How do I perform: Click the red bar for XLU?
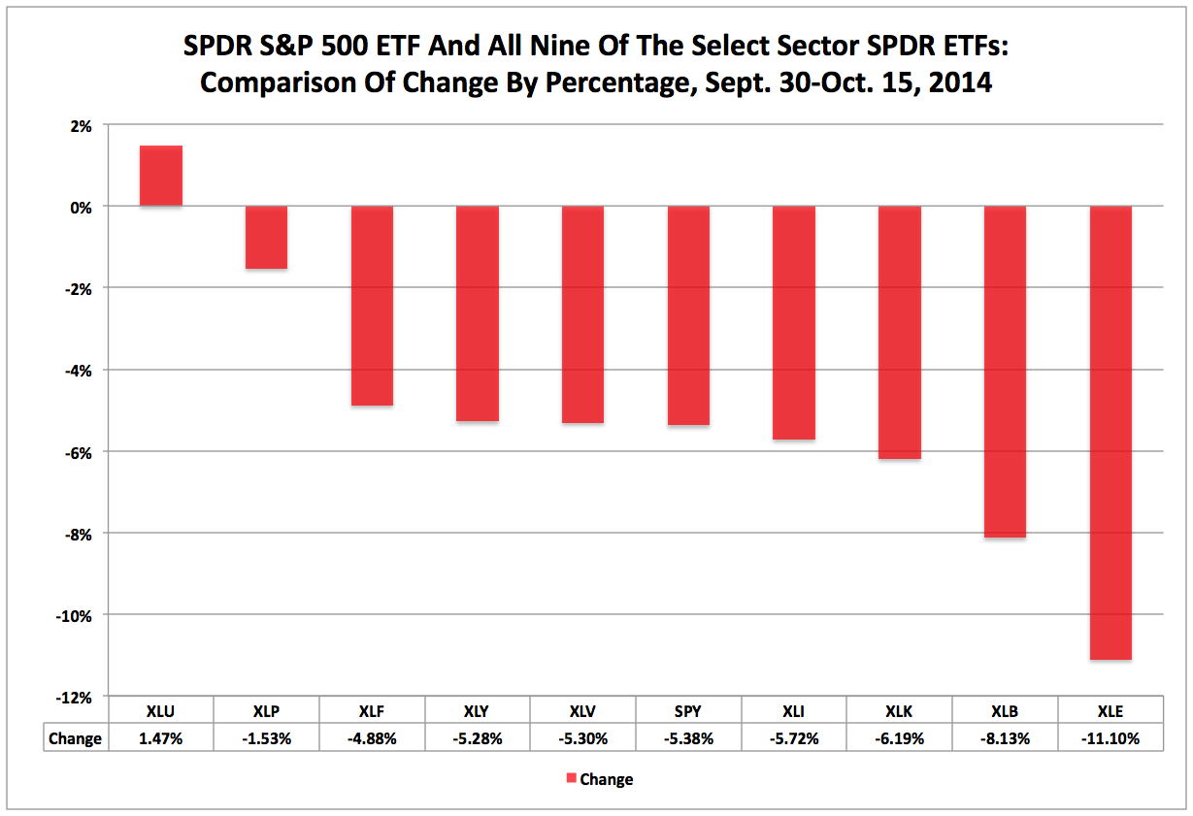(x=161, y=176)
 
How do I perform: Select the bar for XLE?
(x=1110, y=433)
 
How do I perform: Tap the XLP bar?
(x=266, y=238)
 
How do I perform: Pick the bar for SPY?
(x=688, y=315)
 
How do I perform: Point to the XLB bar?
(x=1005, y=372)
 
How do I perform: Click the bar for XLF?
(x=372, y=306)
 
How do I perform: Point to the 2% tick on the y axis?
(x=80, y=125)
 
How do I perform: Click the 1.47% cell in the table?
(x=161, y=738)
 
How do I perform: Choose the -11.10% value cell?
(x=1110, y=738)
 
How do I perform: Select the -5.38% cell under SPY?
(x=688, y=738)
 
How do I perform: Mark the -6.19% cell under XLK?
(x=900, y=738)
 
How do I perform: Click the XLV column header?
(x=582, y=710)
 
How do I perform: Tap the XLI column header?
(x=794, y=710)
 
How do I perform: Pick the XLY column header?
(x=478, y=710)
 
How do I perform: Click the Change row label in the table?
(x=75, y=738)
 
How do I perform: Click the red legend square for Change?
(x=571, y=778)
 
